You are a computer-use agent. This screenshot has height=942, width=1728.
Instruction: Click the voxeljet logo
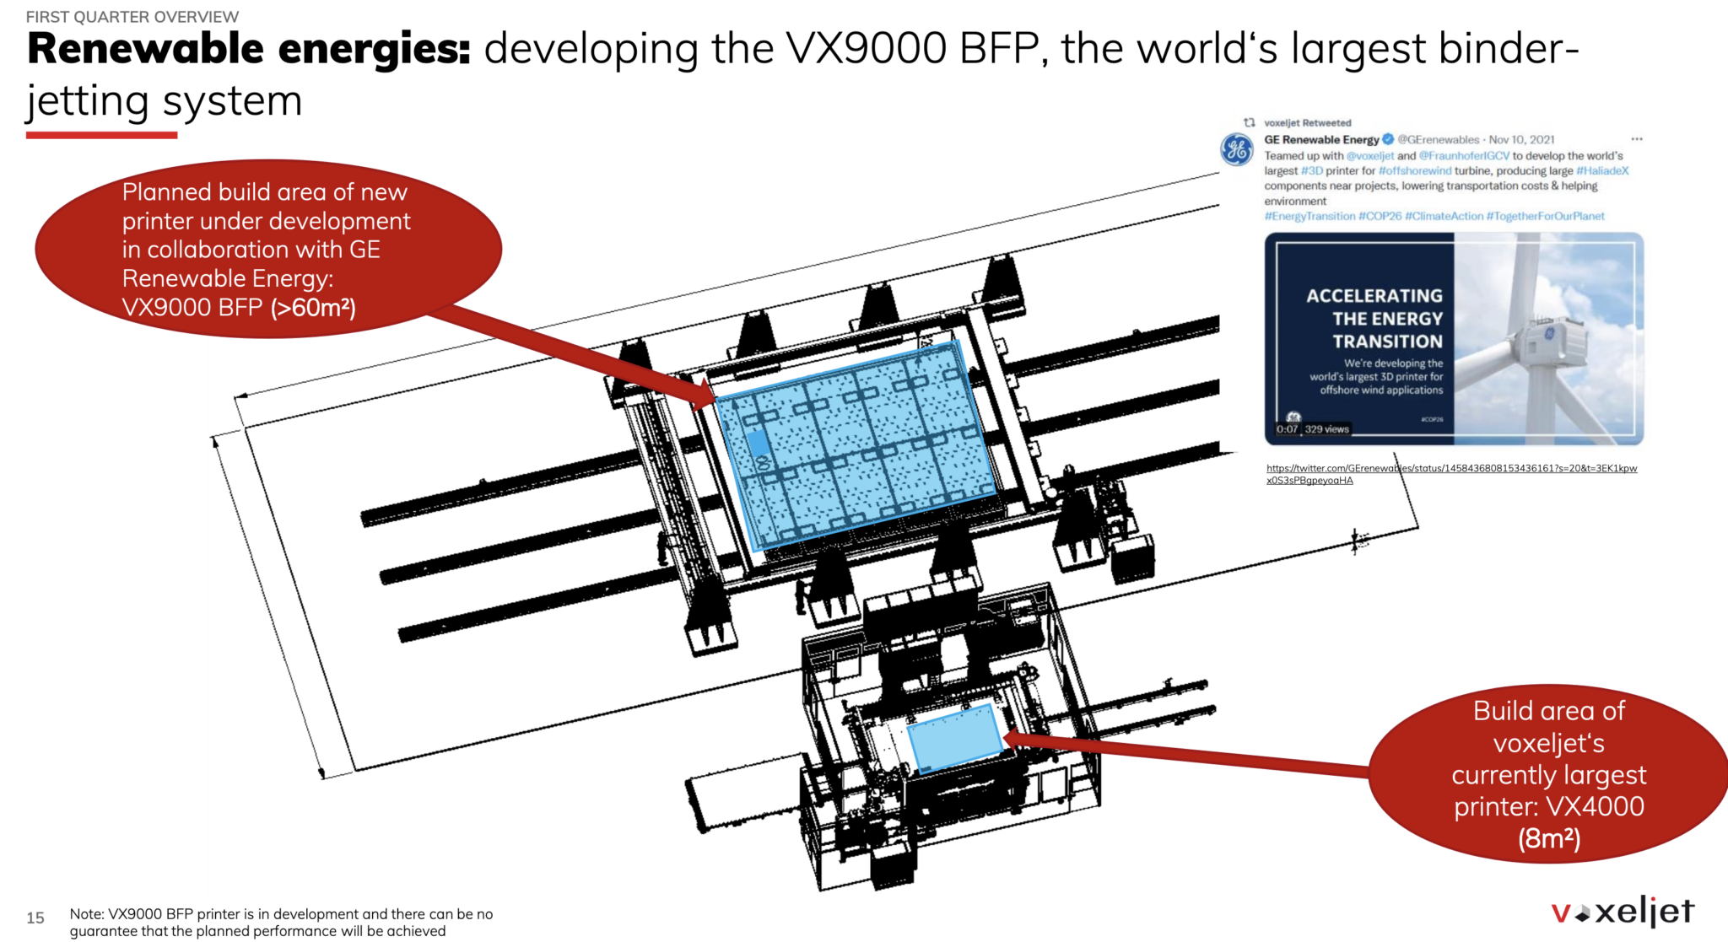point(1622,912)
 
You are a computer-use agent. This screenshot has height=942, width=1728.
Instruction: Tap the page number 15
point(35,918)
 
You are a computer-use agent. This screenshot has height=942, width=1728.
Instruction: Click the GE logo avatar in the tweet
point(1237,150)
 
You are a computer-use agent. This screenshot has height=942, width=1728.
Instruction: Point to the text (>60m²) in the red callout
point(313,308)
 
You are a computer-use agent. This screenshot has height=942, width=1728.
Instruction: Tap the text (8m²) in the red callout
point(1548,838)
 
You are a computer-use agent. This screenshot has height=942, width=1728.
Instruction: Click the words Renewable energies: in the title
point(249,49)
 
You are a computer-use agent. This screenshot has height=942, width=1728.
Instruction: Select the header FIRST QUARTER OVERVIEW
point(132,17)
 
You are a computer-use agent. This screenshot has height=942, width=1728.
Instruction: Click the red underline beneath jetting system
point(101,135)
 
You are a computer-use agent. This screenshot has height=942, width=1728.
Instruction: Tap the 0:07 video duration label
point(1287,429)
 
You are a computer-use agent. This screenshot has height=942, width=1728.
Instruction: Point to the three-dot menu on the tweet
point(1636,139)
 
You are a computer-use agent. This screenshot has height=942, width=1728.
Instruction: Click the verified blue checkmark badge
point(1388,139)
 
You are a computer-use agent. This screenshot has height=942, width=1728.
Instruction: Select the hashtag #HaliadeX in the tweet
point(1601,170)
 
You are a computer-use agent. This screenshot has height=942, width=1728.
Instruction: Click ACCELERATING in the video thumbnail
point(1374,296)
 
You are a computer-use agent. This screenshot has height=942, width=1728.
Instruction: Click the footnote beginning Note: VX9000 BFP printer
point(281,923)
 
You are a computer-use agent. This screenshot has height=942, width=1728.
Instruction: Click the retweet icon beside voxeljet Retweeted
point(1250,123)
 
